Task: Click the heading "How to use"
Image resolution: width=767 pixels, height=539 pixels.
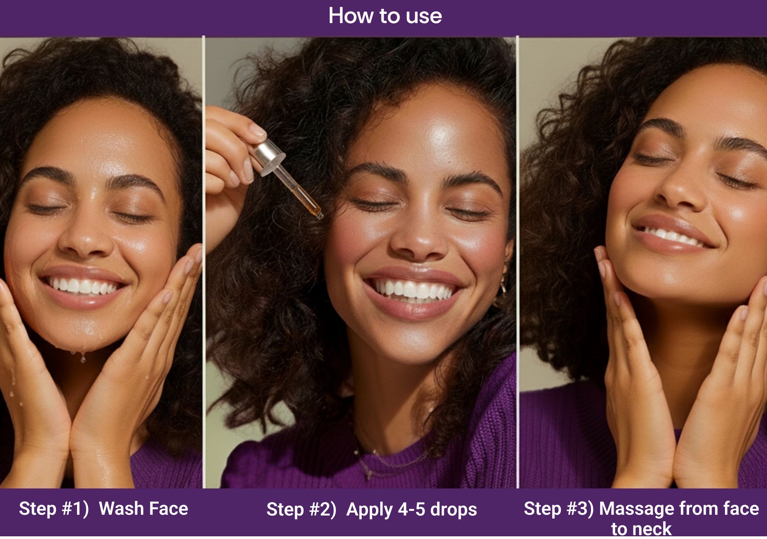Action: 385,16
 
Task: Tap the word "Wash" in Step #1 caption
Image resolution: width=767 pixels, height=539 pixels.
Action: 121,509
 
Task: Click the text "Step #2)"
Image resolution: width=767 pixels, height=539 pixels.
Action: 301,509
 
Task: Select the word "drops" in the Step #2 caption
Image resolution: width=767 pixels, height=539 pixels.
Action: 453,509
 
